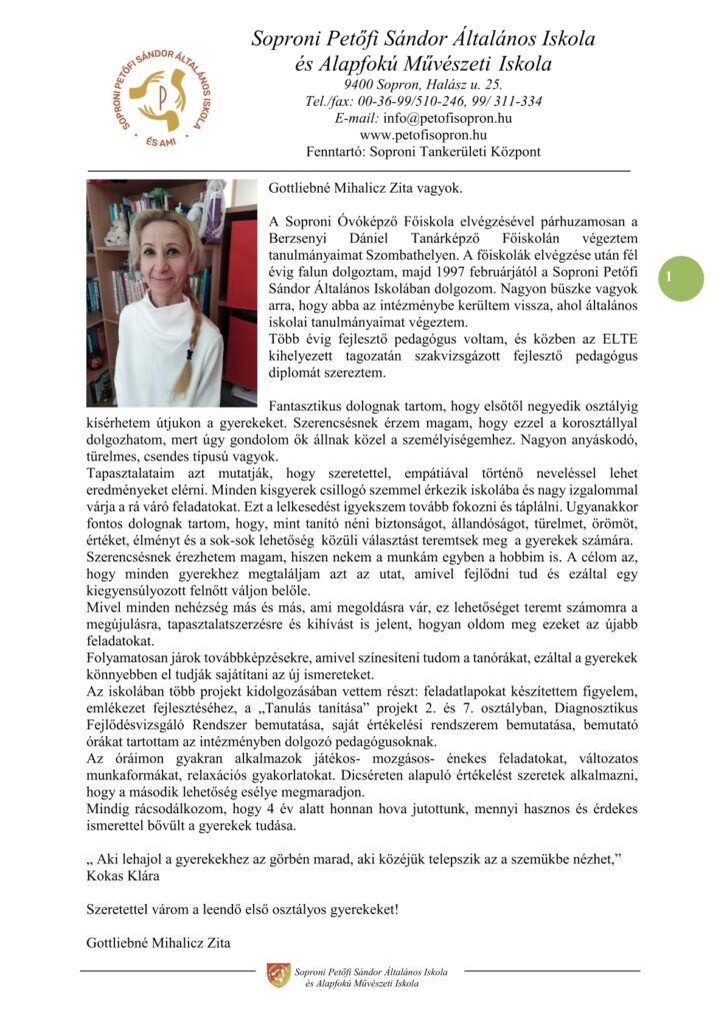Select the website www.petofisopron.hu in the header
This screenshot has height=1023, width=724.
tap(423, 135)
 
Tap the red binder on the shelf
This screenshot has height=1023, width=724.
tap(243, 250)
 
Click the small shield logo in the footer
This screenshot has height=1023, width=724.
tap(278, 975)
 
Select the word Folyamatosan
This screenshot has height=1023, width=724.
tap(134, 659)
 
